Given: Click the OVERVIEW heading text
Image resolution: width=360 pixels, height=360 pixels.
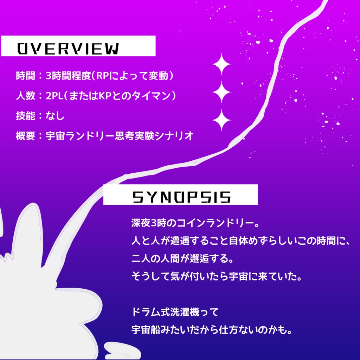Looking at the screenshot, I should click(x=68, y=49).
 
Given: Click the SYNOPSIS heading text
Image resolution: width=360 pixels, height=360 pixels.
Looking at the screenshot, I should click(x=181, y=198).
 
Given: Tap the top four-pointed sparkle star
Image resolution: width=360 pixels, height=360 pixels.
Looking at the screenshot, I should click(x=221, y=64).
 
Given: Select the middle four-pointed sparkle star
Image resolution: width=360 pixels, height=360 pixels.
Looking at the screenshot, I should click(x=221, y=92).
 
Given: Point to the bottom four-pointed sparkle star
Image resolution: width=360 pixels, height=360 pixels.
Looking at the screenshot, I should click(x=221, y=120).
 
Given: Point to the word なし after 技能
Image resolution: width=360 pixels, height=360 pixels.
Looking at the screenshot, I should click(x=55, y=116).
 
